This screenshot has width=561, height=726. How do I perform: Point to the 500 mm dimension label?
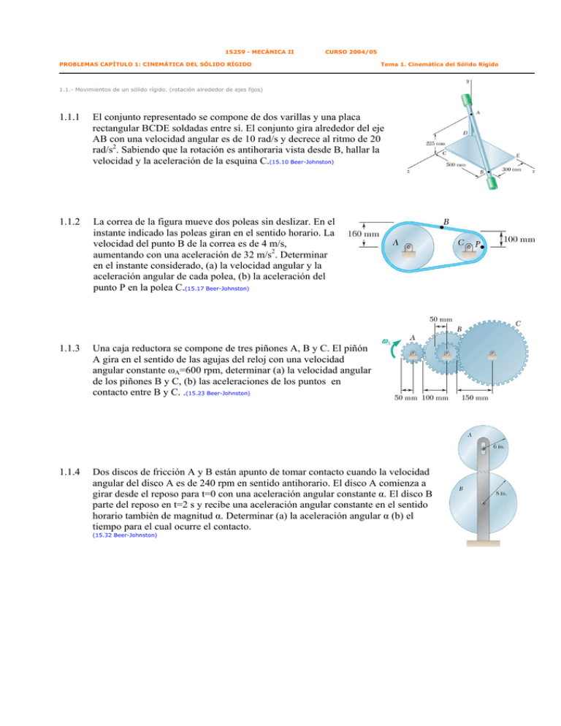[456, 164]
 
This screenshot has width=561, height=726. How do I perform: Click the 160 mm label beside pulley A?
[362, 234]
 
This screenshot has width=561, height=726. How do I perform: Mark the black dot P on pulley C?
[483, 248]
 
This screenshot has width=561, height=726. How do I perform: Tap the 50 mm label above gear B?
[439, 318]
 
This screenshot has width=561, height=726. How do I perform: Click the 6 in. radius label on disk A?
[500, 446]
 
